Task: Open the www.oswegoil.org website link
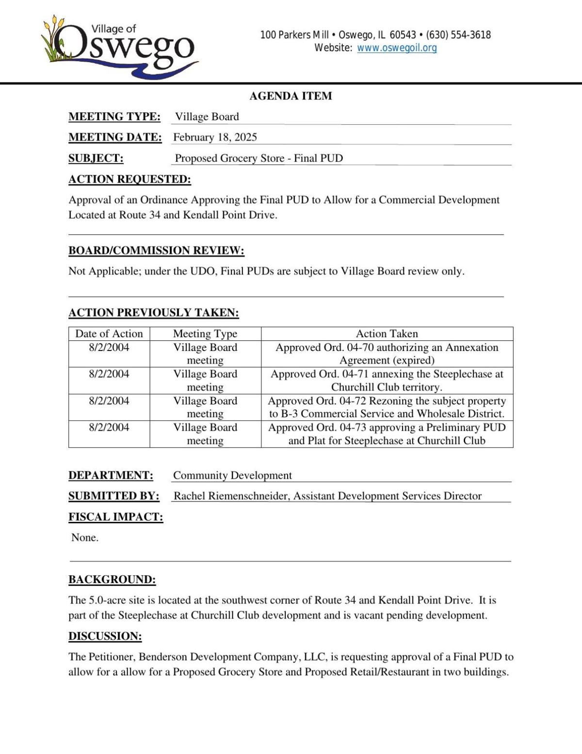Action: (x=397, y=48)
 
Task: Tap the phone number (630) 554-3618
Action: (x=458, y=35)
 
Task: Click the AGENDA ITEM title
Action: (x=291, y=96)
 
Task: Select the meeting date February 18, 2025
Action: (x=215, y=137)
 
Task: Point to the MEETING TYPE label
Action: (x=114, y=117)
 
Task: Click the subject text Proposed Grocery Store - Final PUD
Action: (x=259, y=158)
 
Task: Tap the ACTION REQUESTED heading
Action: (x=129, y=179)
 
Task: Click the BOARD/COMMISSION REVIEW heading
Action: (x=156, y=251)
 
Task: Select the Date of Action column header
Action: (x=109, y=334)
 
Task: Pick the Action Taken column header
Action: (x=387, y=334)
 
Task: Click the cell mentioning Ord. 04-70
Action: (x=387, y=354)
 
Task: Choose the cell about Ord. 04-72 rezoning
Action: (x=387, y=407)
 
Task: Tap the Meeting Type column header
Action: (x=205, y=334)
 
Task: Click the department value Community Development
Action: (x=232, y=475)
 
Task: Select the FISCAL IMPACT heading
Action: (x=115, y=517)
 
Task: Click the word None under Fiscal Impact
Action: (x=85, y=537)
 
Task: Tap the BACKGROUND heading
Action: (x=112, y=579)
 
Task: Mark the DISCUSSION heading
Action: (x=105, y=636)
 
